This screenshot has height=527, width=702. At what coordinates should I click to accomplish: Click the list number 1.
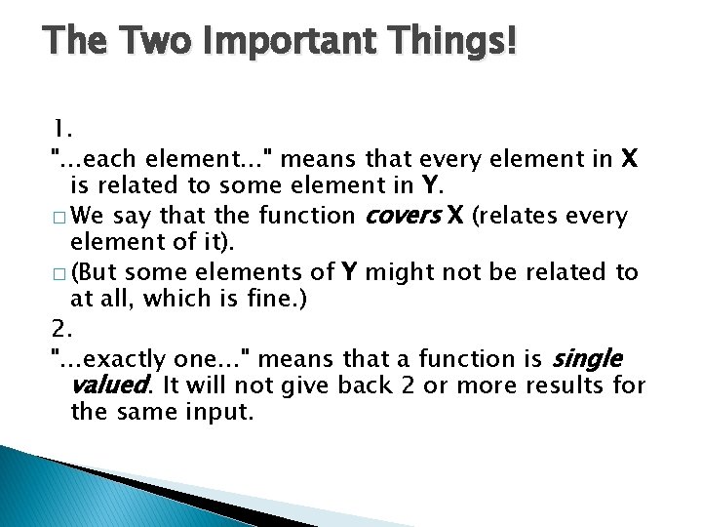coord(60,128)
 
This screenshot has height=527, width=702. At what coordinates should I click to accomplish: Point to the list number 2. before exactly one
coord(60,334)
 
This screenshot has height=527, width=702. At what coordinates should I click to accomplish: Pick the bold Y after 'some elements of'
coord(346,272)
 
